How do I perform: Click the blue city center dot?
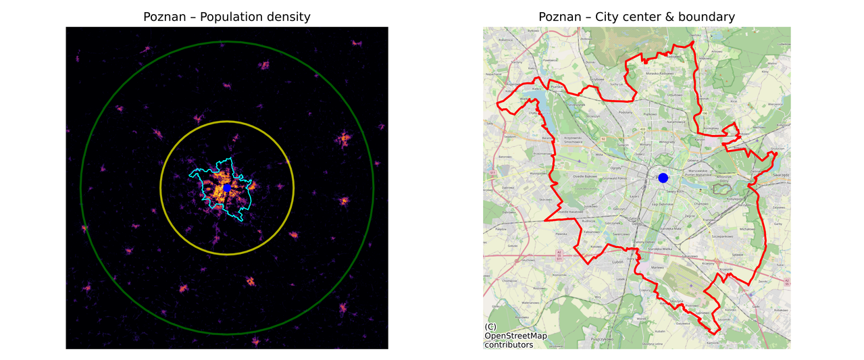(x=663, y=178)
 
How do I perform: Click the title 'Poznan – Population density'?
(x=227, y=17)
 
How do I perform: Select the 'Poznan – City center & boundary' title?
(x=636, y=17)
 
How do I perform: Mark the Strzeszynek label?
(x=574, y=106)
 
